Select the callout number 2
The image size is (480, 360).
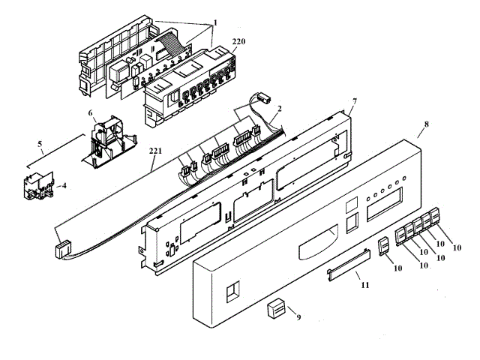tap(279, 109)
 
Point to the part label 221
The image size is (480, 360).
tap(155, 151)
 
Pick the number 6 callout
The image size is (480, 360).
tap(91, 114)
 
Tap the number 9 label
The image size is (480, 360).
tap(298, 318)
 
